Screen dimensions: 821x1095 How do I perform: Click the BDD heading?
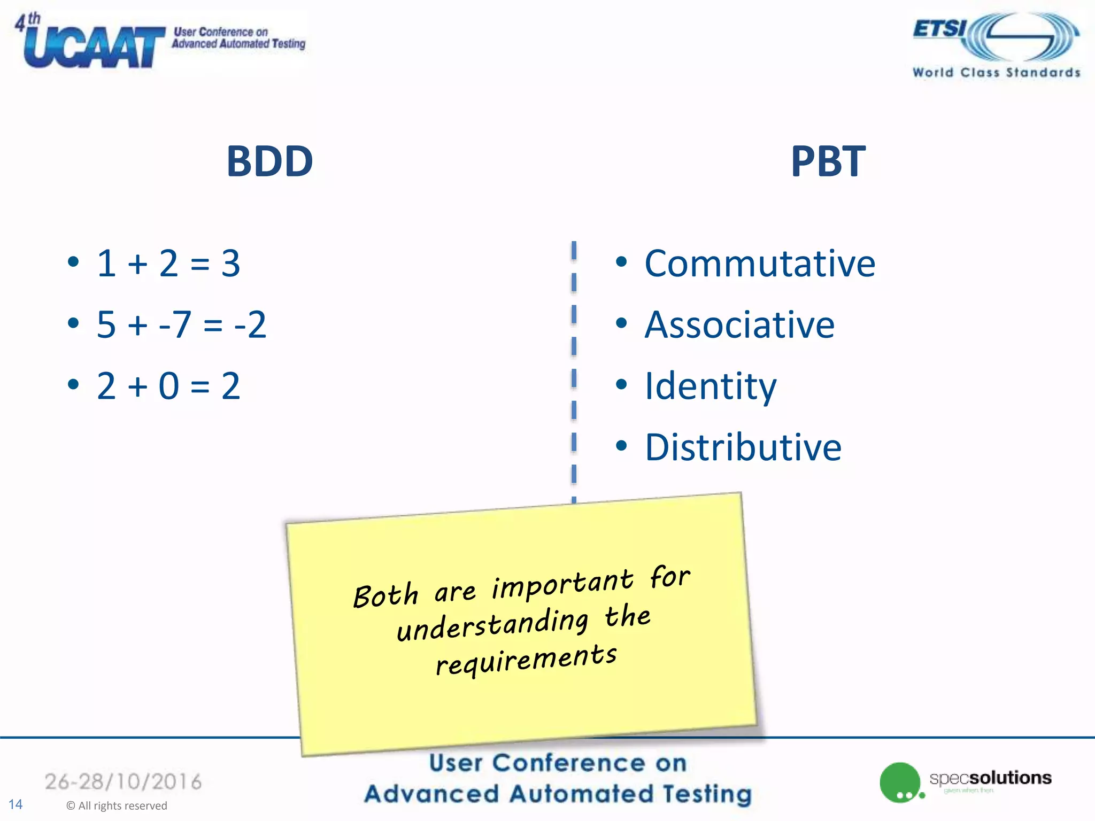click(269, 161)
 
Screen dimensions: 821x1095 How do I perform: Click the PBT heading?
click(828, 161)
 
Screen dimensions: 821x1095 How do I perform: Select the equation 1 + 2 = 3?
click(168, 264)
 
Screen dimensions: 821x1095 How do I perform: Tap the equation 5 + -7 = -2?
click(181, 324)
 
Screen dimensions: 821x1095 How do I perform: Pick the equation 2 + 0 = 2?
click(168, 386)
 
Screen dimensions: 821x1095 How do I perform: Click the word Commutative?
click(759, 264)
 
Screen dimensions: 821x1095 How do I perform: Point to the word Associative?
click(739, 324)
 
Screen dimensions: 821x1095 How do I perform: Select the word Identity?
click(710, 386)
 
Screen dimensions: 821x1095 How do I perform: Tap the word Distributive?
click(743, 447)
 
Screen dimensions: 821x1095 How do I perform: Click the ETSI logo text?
click(939, 29)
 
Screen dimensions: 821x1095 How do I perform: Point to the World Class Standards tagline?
click(996, 72)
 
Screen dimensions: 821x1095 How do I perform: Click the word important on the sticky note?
click(562, 583)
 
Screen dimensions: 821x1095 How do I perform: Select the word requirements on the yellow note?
click(526, 659)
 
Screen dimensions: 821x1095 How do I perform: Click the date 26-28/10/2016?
click(123, 781)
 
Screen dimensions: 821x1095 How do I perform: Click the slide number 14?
click(16, 804)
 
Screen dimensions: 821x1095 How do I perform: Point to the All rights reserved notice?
click(117, 805)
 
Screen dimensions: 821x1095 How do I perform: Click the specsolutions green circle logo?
click(900, 782)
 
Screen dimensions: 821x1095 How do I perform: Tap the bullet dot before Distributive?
click(621, 446)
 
